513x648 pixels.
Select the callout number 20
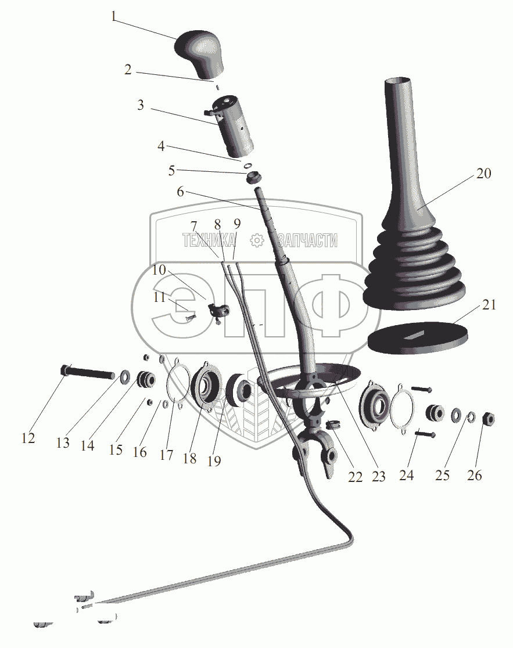coord(483,173)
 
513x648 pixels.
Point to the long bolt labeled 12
coord(87,372)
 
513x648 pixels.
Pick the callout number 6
coord(180,192)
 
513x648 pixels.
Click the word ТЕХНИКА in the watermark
coord(209,240)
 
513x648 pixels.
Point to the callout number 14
coord(87,445)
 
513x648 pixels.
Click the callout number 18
coord(189,458)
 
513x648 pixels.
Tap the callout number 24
coord(407,475)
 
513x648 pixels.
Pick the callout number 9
coord(238,223)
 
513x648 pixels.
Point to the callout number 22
coord(355,477)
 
